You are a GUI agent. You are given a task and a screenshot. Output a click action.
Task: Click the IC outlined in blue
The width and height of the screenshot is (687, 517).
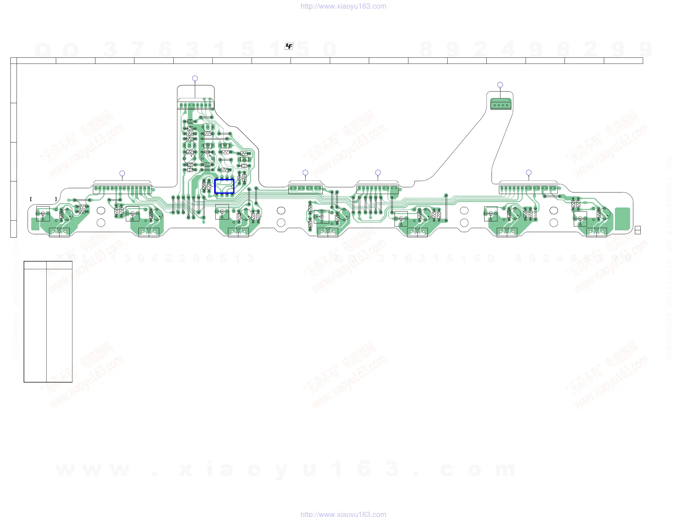[x=224, y=186]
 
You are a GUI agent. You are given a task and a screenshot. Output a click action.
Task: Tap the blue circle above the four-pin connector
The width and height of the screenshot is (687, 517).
[x=500, y=85]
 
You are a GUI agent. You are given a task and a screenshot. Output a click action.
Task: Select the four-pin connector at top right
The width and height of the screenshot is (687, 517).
[x=501, y=105]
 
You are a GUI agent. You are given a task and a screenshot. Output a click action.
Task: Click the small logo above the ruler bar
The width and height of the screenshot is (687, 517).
[x=289, y=46]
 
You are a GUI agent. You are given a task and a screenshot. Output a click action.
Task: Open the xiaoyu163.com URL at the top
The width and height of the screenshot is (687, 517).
[x=343, y=6]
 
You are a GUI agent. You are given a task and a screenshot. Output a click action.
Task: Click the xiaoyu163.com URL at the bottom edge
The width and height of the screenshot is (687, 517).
[x=343, y=514]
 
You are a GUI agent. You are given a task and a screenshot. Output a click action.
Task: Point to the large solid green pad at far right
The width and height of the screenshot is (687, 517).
[x=622, y=219]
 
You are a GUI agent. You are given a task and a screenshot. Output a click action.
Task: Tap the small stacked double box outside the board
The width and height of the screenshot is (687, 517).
[x=638, y=230]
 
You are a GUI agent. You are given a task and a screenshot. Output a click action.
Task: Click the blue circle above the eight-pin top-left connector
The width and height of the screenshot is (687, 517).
[x=195, y=78]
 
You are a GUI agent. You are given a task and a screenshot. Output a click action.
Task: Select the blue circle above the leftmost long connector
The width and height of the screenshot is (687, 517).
[x=122, y=173]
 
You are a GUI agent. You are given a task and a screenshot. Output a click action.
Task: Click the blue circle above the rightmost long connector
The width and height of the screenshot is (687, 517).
[x=529, y=173]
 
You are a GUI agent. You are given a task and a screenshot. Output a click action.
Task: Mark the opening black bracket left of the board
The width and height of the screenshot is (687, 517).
[x=31, y=199]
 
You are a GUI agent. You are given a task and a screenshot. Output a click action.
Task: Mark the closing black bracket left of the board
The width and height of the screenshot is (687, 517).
[x=56, y=199]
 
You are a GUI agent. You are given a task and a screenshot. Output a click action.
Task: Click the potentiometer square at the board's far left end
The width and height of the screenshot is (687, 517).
[x=43, y=214]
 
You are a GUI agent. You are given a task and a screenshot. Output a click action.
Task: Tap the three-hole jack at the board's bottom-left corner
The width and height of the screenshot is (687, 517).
[x=59, y=232]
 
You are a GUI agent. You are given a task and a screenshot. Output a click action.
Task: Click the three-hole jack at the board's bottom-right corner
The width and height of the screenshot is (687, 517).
[x=596, y=232]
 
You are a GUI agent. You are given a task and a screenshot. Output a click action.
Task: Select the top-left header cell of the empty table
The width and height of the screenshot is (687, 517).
[x=35, y=265]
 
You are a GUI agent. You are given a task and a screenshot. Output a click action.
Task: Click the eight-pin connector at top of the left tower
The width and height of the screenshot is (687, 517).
[x=195, y=105]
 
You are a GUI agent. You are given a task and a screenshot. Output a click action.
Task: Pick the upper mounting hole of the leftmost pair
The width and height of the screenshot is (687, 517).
[x=101, y=210]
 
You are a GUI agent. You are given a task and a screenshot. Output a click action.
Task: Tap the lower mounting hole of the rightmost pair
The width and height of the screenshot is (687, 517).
[x=554, y=223]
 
